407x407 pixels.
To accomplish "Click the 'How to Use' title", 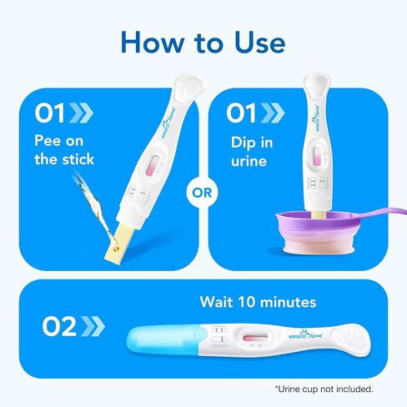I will pyautogui.click(x=203, y=41).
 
